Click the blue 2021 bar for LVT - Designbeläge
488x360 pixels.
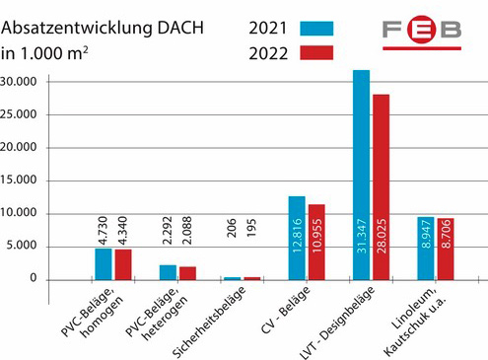361,175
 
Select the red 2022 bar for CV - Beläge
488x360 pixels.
316,243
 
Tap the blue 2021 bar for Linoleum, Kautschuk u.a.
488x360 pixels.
426,249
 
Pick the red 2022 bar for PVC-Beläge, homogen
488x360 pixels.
123,264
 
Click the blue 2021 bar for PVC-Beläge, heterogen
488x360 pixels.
168,272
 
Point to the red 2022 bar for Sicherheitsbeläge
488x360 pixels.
252,278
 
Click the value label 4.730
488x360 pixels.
104,231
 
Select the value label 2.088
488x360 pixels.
186,230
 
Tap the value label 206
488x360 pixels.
232,228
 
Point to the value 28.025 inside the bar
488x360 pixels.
382,236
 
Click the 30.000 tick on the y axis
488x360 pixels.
19,81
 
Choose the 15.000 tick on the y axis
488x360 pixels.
19,180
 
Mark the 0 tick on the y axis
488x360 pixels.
34,278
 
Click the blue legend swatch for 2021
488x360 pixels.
316,29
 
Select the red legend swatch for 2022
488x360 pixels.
316,53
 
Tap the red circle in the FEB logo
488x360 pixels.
421,30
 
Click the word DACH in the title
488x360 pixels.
180,28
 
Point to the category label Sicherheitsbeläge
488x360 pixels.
209,322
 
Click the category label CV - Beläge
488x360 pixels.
285,310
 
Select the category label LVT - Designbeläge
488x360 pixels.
337,323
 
